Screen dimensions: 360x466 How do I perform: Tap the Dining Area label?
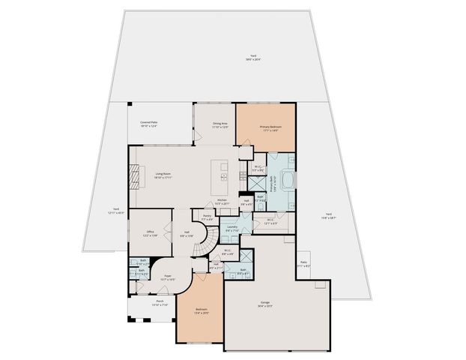click(x=220, y=127)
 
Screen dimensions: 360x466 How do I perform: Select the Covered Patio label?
click(x=148, y=124)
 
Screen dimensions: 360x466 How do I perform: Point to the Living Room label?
click(x=163, y=175)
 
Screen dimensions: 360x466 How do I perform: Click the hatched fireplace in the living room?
click(x=134, y=178)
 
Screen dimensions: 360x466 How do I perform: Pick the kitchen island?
click(x=222, y=175)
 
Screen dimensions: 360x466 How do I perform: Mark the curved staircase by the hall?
click(x=208, y=233)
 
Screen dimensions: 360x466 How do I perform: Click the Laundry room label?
click(x=232, y=228)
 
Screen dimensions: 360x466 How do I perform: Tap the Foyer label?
click(x=169, y=277)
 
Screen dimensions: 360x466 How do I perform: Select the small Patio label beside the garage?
click(x=303, y=263)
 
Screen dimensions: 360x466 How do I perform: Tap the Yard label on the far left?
click(x=116, y=211)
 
